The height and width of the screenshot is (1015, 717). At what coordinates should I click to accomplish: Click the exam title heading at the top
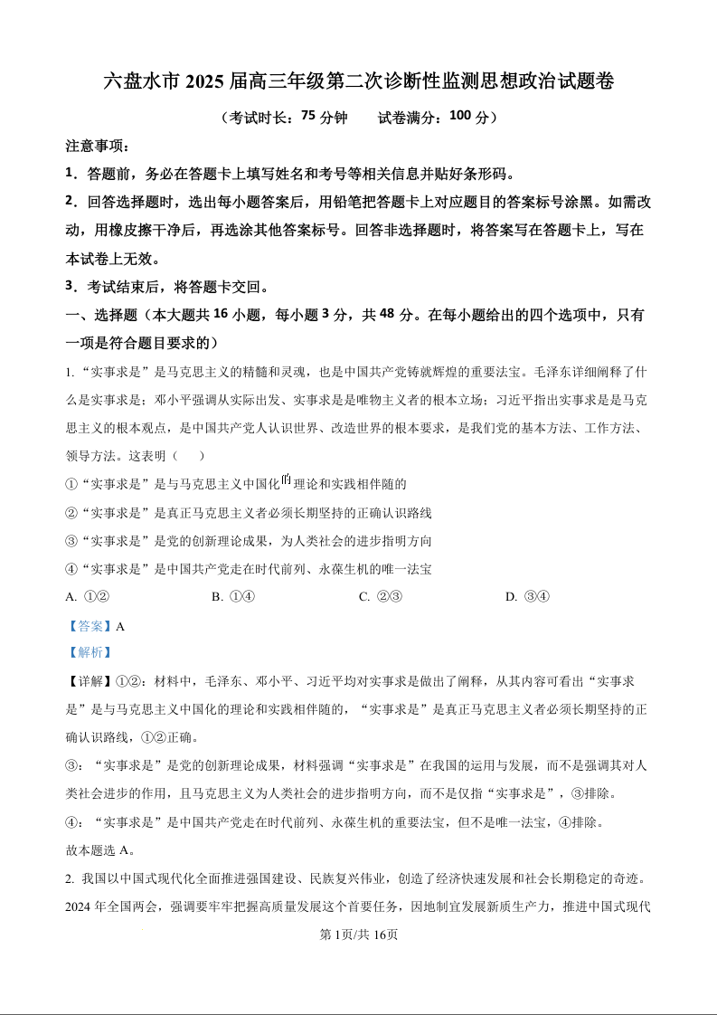click(359, 81)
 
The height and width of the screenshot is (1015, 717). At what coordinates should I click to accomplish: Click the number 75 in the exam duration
click(307, 117)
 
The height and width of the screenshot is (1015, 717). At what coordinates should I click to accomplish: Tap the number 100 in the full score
click(459, 117)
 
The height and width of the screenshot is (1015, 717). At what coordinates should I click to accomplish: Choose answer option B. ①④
click(232, 597)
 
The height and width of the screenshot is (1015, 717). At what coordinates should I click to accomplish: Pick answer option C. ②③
click(380, 597)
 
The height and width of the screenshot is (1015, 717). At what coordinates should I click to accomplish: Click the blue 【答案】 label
click(90, 625)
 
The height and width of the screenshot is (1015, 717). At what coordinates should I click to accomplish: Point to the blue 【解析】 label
click(89, 652)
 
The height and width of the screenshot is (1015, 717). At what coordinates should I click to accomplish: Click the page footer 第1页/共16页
click(359, 934)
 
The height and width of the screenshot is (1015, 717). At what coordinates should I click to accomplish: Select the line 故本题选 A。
click(100, 849)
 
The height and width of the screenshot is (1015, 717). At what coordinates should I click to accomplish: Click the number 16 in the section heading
click(230, 315)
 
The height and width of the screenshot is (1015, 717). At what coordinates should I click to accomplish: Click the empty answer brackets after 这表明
click(188, 456)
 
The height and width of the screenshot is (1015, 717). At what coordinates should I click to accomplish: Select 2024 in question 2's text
click(81, 906)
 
